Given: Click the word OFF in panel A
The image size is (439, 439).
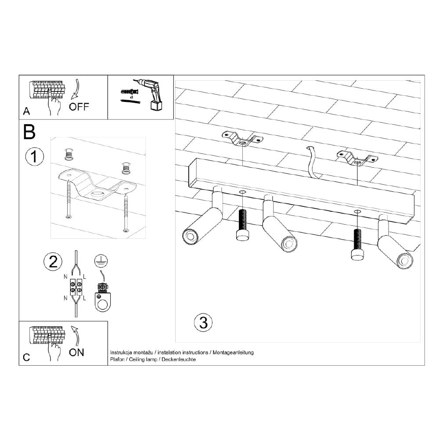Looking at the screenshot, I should [x=79, y=107].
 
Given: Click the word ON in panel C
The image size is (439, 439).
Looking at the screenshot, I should [x=76, y=352].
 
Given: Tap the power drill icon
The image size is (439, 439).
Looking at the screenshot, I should [x=151, y=93].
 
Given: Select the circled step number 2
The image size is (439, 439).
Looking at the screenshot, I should [x=53, y=262].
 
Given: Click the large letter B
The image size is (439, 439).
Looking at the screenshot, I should [x=29, y=132].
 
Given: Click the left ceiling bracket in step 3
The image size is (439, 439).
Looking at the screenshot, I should [x=242, y=139].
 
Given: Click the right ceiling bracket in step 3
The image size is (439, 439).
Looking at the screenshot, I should [x=357, y=158].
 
